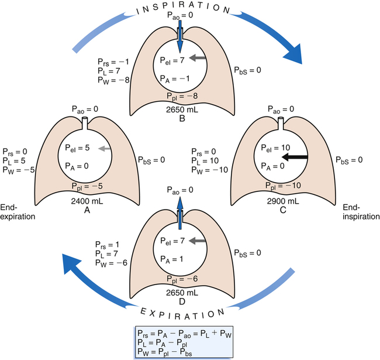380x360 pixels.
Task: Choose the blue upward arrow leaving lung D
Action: [180, 209]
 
